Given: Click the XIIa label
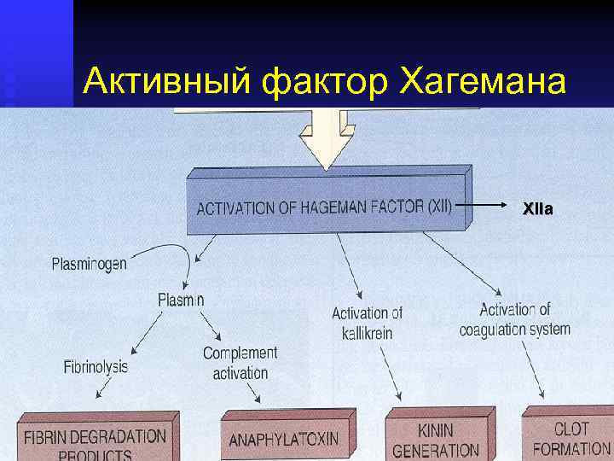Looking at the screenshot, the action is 537,207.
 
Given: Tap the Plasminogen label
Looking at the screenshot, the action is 89,263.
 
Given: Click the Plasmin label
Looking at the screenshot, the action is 181,299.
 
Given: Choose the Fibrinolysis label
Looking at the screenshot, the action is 96,367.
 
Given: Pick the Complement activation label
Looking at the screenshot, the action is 240,363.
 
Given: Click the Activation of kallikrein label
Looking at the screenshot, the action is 367,323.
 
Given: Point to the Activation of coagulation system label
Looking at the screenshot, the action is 515,318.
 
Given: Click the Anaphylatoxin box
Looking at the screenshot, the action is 284,440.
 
